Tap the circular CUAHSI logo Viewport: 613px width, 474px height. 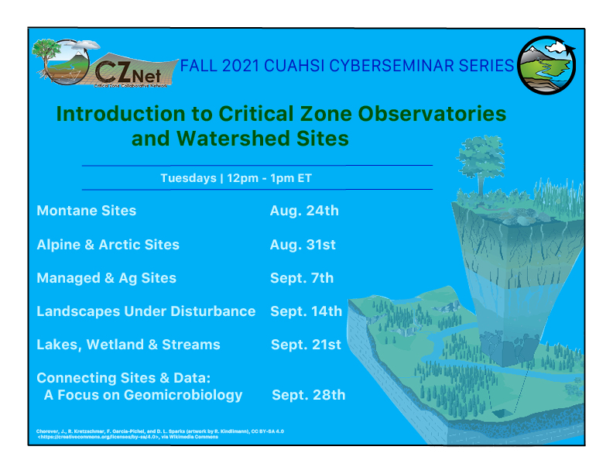tap(546, 65)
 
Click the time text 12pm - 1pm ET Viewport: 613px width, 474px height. tap(269, 178)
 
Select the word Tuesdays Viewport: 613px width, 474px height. tap(188, 178)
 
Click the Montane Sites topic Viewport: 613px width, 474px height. tap(86, 211)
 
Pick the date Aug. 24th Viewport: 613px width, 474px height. tap(304, 211)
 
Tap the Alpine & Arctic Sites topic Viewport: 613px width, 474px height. tap(108, 245)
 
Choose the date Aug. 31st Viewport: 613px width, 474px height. tap(303, 245)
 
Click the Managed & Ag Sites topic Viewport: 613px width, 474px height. tap(106, 278)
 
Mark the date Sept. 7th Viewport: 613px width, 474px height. tap(302, 278)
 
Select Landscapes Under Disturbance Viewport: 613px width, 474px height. tap(146, 311)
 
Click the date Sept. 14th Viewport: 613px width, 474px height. tap(306, 311)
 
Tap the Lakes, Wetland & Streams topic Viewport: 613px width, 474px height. tap(128, 345)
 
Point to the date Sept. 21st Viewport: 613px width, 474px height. tap(306, 345)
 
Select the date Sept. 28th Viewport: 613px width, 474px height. tap(308, 395)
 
